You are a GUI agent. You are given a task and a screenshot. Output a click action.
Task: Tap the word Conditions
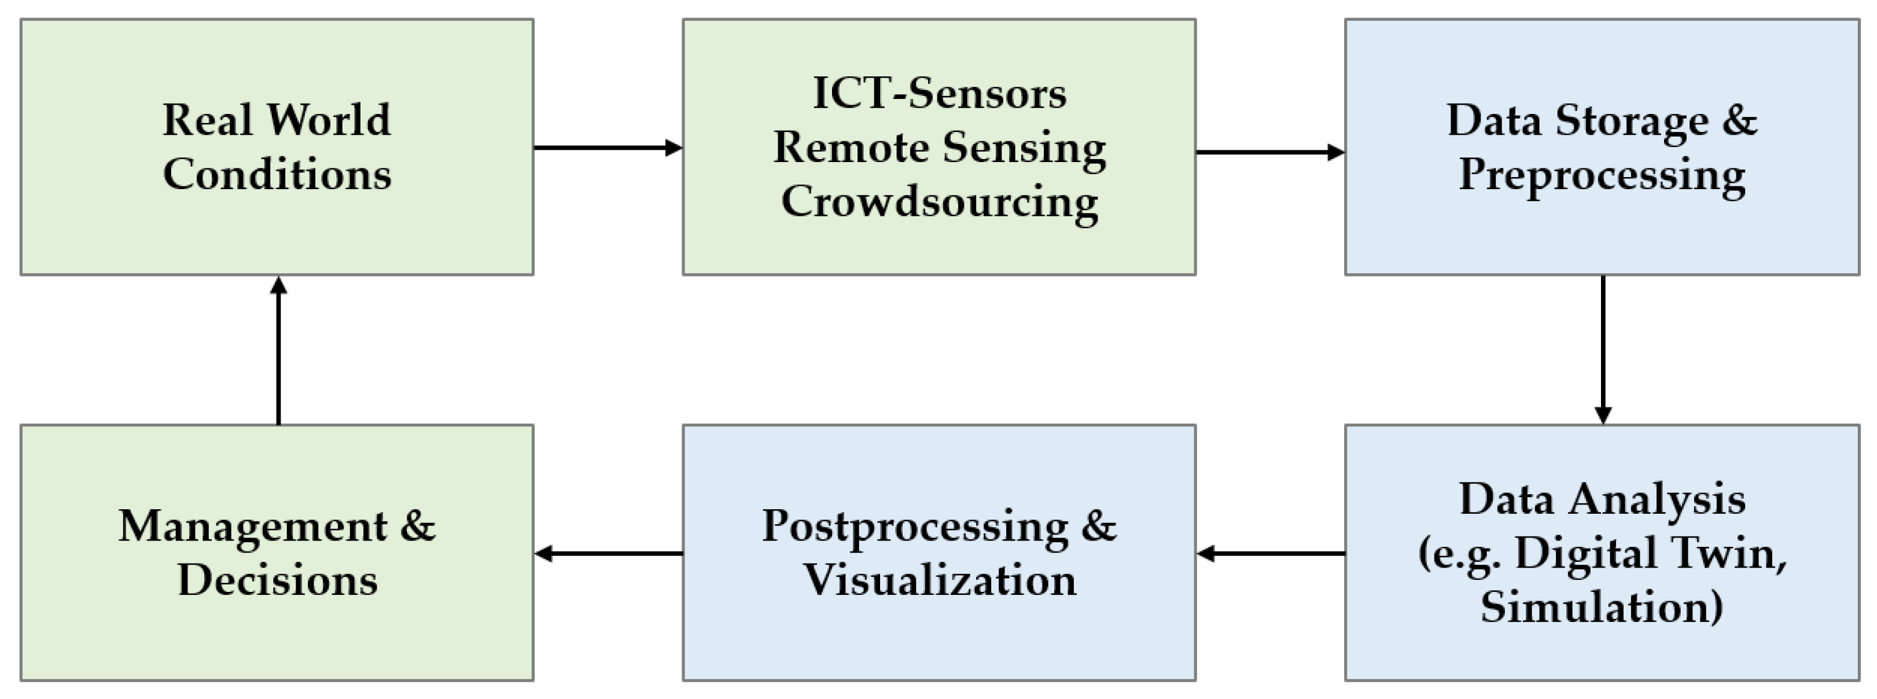(x=277, y=174)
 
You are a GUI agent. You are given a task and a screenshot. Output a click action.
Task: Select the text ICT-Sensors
(x=939, y=93)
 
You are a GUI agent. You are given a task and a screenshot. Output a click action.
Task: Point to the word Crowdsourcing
(x=939, y=201)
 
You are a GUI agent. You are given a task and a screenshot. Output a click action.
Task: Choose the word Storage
(x=1632, y=120)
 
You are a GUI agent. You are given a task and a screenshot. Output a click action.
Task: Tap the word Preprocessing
(x=1602, y=176)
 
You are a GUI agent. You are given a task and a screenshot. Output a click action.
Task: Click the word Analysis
(x=1657, y=499)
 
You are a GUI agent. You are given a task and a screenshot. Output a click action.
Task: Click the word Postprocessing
(x=914, y=526)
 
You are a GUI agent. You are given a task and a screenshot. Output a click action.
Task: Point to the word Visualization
(x=939, y=581)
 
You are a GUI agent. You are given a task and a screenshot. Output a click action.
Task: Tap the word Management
(x=253, y=526)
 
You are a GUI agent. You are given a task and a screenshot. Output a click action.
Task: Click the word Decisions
(x=277, y=581)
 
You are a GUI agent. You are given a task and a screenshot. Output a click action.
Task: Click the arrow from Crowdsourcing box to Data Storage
(x=1270, y=152)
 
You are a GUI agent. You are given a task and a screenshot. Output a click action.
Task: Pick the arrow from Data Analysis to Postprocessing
(x=1270, y=554)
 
